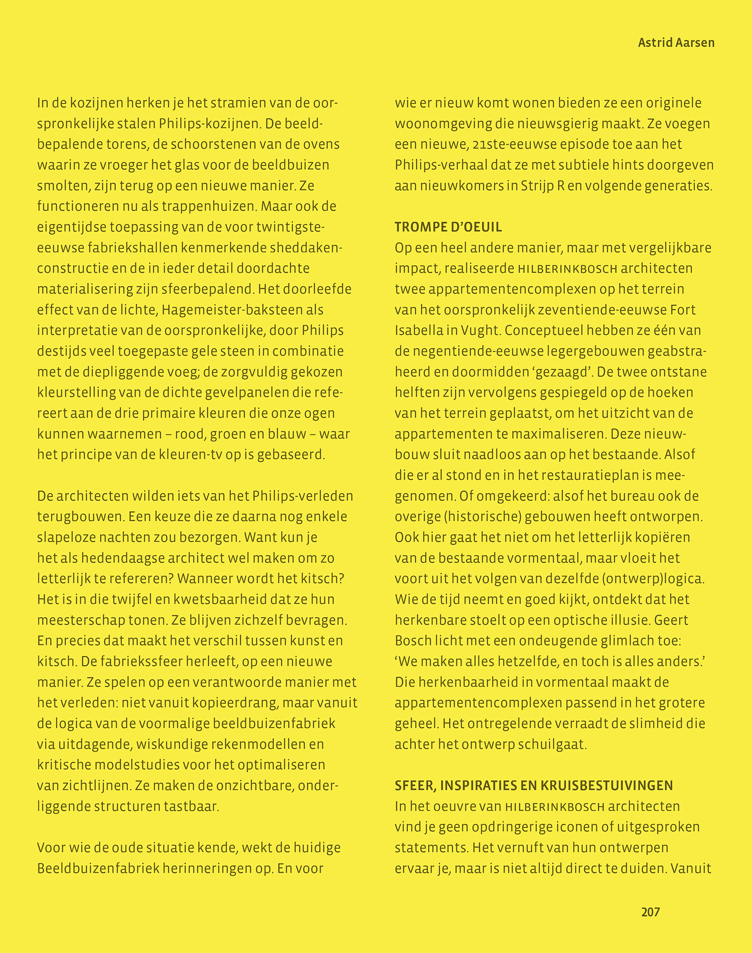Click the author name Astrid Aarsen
pos(676,43)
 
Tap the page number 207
pos(650,912)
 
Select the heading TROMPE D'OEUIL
pos(448,227)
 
